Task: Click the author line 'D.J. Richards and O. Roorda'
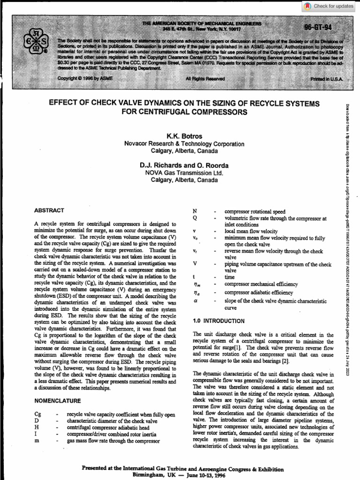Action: click(184, 165)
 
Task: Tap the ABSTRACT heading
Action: click(49, 210)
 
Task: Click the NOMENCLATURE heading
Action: click(58, 401)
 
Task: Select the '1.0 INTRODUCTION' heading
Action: click(218, 321)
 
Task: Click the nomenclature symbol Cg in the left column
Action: click(38, 415)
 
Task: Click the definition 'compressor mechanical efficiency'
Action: click(261, 284)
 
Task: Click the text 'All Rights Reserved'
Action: click(205, 79)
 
